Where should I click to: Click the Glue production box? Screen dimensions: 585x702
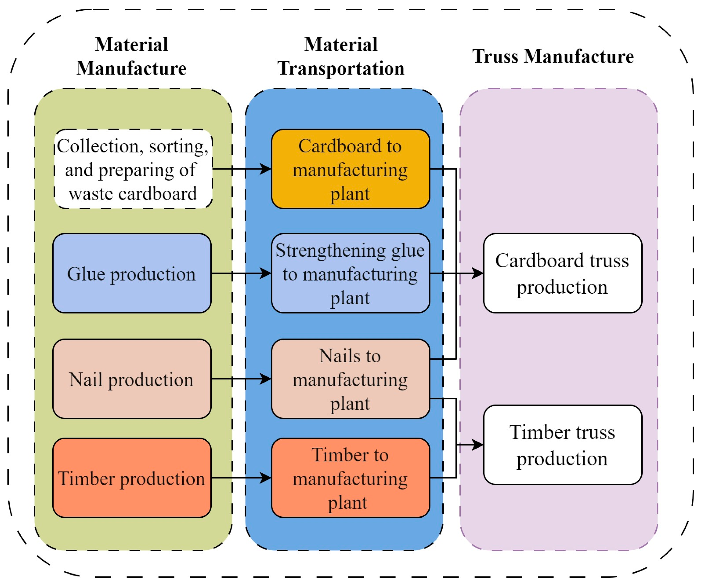[x=132, y=273]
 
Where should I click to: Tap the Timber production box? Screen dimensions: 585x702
[x=132, y=478]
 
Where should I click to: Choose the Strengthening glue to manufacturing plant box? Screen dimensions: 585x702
[x=350, y=273]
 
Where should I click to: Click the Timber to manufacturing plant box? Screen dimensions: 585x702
[x=350, y=478]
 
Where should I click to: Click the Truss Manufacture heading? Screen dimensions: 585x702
[x=553, y=56]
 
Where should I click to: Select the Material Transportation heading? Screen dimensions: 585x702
[x=341, y=56]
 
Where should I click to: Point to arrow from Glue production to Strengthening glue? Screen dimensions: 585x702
[x=241, y=273]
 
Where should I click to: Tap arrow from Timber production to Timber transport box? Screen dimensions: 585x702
[x=241, y=478]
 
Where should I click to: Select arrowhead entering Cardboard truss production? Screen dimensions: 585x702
[x=477, y=273]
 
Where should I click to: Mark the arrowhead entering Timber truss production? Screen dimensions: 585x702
[x=477, y=445]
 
